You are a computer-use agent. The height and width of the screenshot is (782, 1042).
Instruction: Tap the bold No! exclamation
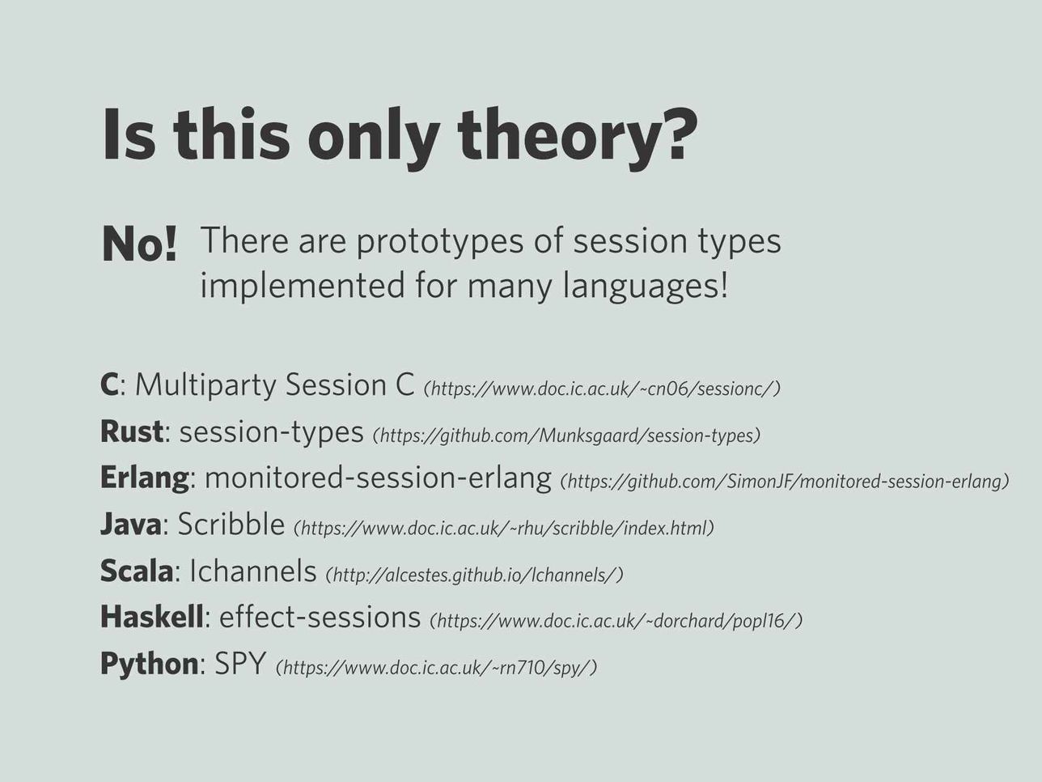(x=140, y=244)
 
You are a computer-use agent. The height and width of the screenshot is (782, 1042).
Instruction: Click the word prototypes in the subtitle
(x=439, y=242)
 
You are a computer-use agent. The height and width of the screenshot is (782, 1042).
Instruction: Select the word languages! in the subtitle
(x=645, y=287)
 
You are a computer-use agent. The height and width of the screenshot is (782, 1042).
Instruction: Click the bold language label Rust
(x=132, y=431)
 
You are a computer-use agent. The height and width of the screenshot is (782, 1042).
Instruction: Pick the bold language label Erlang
(x=144, y=478)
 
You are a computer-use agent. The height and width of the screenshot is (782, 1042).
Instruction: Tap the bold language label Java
(x=130, y=525)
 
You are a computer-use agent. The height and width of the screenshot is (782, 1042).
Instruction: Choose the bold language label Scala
(x=137, y=571)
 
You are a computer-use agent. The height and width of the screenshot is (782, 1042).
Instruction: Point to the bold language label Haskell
(x=152, y=617)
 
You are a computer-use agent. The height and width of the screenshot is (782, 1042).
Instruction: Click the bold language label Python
(x=150, y=664)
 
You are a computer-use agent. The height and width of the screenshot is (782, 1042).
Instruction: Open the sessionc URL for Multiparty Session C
(x=602, y=389)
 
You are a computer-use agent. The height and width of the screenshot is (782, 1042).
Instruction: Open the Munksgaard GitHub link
(x=566, y=436)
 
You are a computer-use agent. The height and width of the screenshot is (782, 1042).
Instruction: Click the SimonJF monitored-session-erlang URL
(x=784, y=482)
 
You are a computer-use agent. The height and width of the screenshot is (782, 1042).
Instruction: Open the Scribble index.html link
(x=504, y=528)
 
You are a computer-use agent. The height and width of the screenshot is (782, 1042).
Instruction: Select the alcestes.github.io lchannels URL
(x=474, y=575)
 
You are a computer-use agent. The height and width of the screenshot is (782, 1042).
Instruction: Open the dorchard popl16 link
(x=616, y=621)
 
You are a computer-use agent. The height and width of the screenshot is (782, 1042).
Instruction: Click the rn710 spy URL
(x=436, y=668)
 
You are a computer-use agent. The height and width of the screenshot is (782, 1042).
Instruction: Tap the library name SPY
(x=239, y=664)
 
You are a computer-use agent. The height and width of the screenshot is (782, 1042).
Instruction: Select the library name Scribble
(x=231, y=525)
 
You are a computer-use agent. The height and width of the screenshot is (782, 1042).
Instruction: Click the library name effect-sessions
(x=320, y=617)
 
